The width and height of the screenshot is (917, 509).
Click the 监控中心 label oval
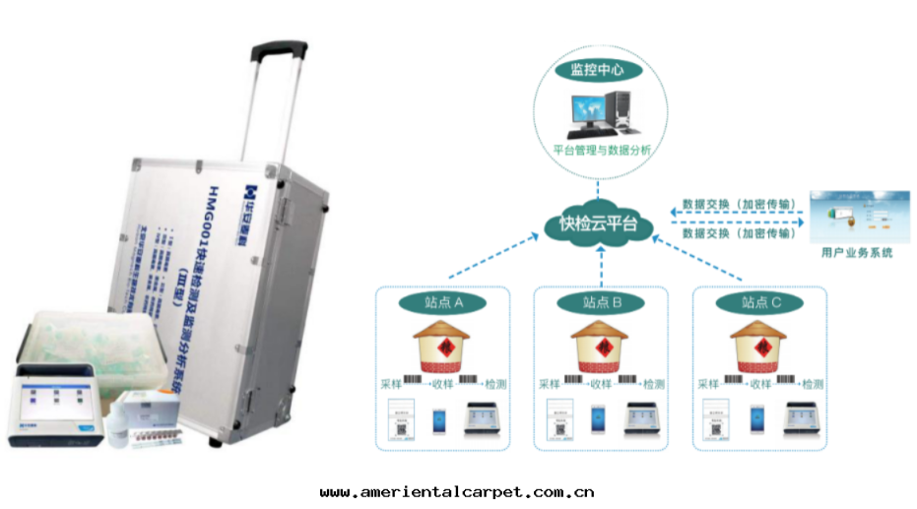(598, 70)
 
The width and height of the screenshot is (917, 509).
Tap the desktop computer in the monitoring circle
(598, 112)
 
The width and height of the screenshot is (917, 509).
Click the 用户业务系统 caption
(856, 253)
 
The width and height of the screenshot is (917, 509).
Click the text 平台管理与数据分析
(598, 151)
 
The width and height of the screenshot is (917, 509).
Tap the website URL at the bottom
(457, 492)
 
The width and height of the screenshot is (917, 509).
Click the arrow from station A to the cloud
(488, 260)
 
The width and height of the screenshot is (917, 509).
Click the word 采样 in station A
(391, 384)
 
